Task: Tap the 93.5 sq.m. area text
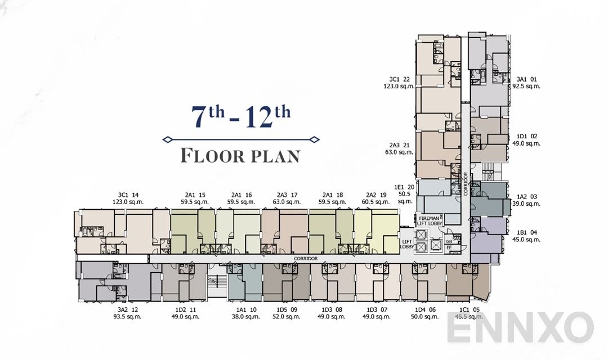tap(129, 316)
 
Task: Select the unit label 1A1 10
tap(246, 309)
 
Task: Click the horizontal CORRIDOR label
tap(306, 259)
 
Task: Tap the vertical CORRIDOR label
tap(465, 183)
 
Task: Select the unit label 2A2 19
tap(377, 195)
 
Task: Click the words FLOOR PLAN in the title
tap(240, 156)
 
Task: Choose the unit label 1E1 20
tap(404, 187)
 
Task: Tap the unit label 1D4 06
tap(424, 309)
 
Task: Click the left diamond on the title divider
tap(166, 139)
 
